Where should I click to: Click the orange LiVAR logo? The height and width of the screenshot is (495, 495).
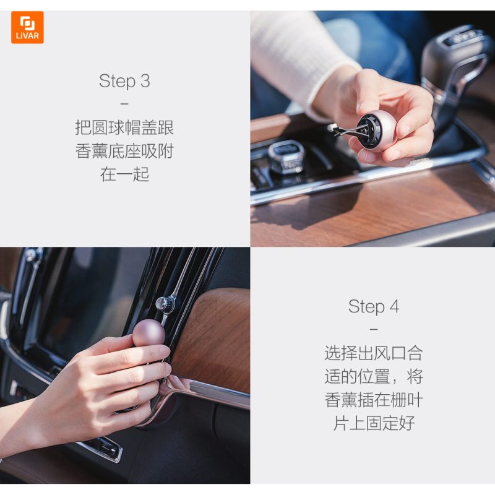(27, 27)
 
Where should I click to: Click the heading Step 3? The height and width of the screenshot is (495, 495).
(124, 81)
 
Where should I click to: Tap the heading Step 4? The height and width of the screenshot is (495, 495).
(374, 306)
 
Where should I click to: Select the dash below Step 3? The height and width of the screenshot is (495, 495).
(124, 103)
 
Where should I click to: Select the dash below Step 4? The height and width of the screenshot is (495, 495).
(374, 329)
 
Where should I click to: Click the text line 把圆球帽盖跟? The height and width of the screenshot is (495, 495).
(124, 128)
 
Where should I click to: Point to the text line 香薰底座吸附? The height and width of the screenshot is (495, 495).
(124, 151)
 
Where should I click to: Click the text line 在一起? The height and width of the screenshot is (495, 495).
(124, 174)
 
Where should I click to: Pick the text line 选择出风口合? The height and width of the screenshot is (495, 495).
(374, 353)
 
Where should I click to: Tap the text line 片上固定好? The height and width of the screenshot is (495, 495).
(374, 423)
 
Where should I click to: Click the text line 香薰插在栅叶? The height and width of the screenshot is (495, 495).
(374, 400)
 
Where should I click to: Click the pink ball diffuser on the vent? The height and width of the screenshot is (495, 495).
(148, 333)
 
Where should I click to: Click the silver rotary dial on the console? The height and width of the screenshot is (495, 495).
(286, 157)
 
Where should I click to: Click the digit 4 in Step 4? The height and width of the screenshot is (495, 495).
(394, 306)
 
